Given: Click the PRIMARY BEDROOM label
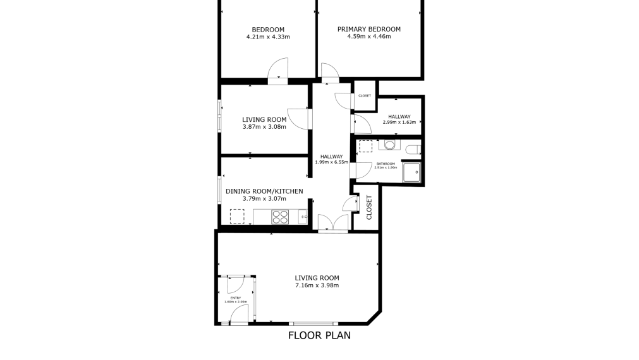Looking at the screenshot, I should (x=369, y=29).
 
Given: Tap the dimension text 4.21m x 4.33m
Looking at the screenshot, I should (x=268, y=37).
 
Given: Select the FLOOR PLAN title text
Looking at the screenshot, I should (x=319, y=335).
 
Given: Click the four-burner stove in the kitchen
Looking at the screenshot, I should (x=280, y=216).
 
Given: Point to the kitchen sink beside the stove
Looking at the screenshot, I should (x=303, y=217).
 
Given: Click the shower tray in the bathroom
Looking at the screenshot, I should (x=413, y=171).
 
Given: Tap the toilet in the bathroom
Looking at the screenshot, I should (x=412, y=150).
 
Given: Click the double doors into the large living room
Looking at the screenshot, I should (x=332, y=224).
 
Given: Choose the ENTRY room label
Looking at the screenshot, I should (x=235, y=297).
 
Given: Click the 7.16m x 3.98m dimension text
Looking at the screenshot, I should (x=317, y=285).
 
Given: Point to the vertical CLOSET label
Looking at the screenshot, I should (x=369, y=207).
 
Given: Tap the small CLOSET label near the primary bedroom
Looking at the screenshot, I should (x=365, y=96).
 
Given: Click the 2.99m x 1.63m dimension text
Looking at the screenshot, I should (x=399, y=122).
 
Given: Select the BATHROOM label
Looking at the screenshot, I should (x=386, y=164).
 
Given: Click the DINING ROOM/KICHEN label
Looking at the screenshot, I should (x=264, y=191).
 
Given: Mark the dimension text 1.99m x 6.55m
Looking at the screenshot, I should (x=331, y=162).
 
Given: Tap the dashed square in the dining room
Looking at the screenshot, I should (x=237, y=216).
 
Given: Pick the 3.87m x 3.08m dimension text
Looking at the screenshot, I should (x=264, y=126).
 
